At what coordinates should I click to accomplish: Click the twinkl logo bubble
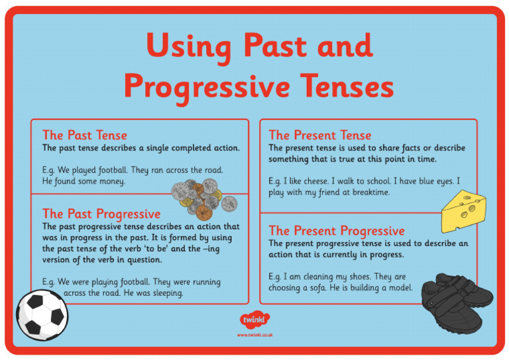click(x=254, y=320)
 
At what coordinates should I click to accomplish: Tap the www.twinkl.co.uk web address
click(x=254, y=335)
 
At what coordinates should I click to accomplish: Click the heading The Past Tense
click(x=84, y=135)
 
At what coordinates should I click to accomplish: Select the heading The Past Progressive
click(x=101, y=213)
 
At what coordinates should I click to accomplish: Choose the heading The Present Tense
click(x=319, y=135)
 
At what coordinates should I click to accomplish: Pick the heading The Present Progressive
click(x=336, y=231)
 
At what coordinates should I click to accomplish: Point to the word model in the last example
click(x=399, y=288)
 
